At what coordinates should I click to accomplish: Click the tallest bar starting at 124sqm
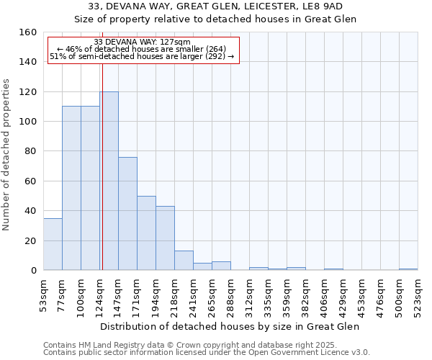click(x=109, y=180)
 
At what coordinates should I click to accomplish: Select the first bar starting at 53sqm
click(x=53, y=244)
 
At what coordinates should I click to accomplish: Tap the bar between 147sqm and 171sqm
click(x=127, y=214)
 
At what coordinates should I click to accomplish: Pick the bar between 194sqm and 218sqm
click(x=165, y=238)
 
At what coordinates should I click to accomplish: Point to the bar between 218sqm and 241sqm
click(x=184, y=261)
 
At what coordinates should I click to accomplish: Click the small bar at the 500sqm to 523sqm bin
click(x=408, y=269)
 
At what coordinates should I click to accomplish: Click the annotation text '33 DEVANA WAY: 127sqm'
click(x=143, y=42)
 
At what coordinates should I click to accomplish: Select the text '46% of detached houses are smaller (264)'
click(x=146, y=49)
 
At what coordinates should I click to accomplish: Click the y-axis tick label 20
click(x=30, y=240)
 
